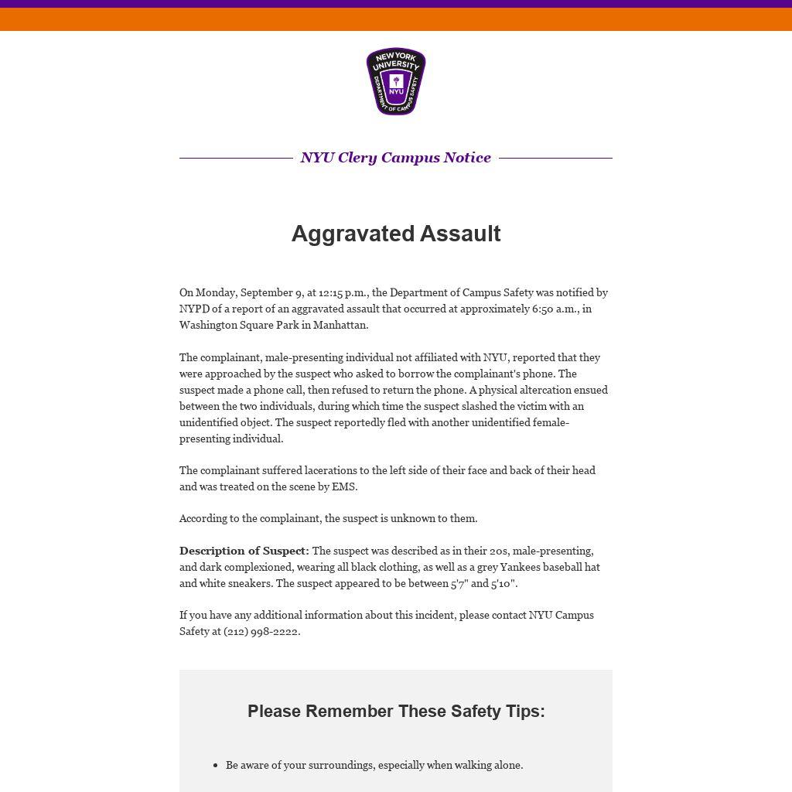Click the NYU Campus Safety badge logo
[396, 81]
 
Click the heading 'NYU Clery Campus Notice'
[396, 158]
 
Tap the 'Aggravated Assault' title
[396, 234]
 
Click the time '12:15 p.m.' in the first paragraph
[344, 293]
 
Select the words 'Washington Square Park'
[239, 326]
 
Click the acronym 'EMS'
[343, 487]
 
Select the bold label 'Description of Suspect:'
[244, 551]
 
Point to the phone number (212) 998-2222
[261, 632]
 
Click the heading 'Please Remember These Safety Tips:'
[396, 712]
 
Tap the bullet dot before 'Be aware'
[215, 766]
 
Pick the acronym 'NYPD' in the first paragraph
[196, 309]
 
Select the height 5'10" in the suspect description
[503, 584]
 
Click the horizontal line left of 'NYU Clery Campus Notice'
[236, 158]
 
